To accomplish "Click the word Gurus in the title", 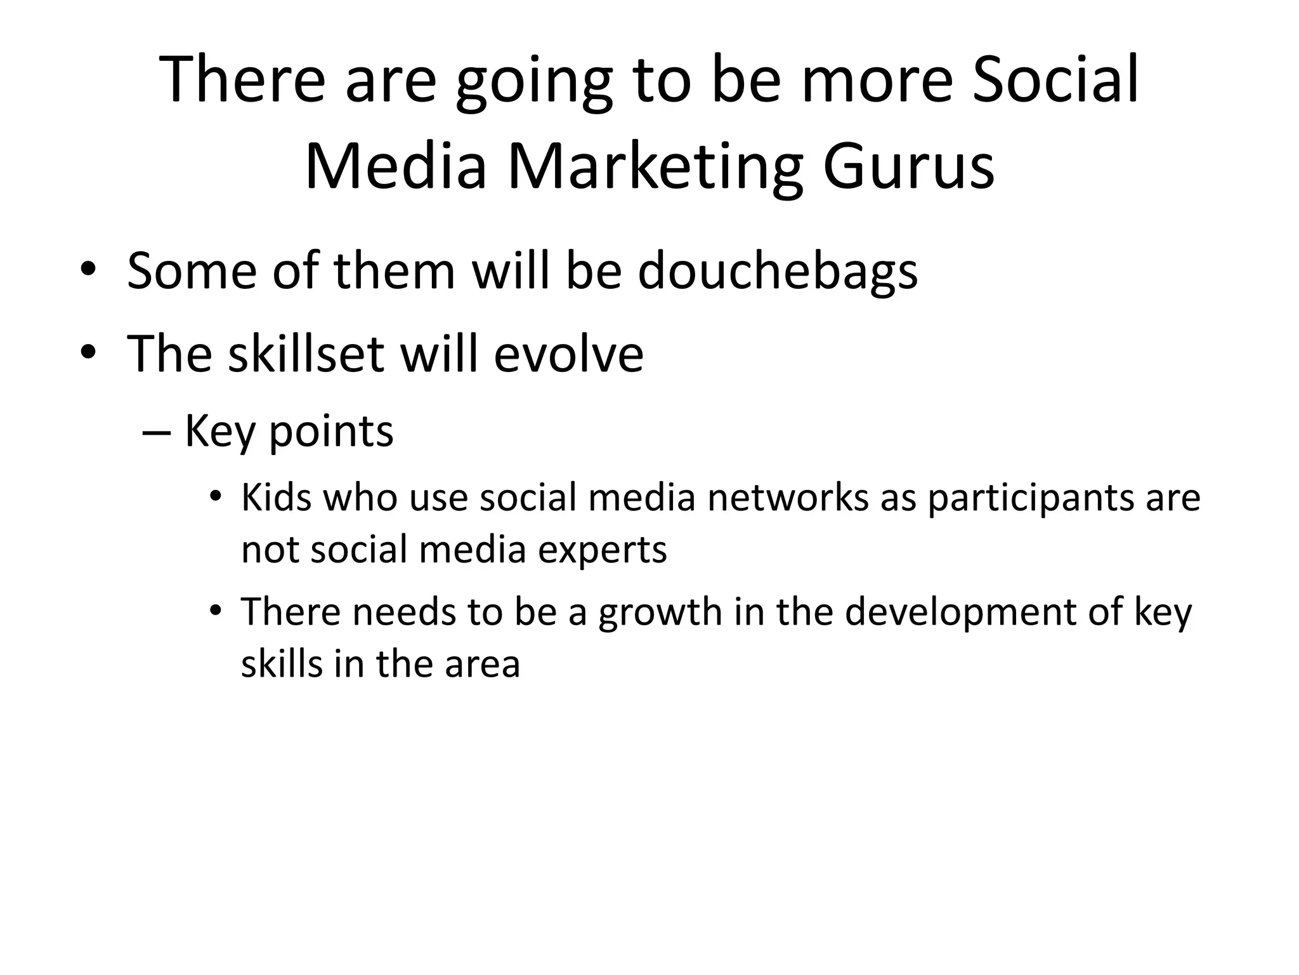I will [908, 167].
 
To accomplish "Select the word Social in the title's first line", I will [1055, 80].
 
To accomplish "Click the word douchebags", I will [778, 272].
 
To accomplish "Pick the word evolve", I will [568, 354].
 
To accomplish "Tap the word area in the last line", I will [482, 665].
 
